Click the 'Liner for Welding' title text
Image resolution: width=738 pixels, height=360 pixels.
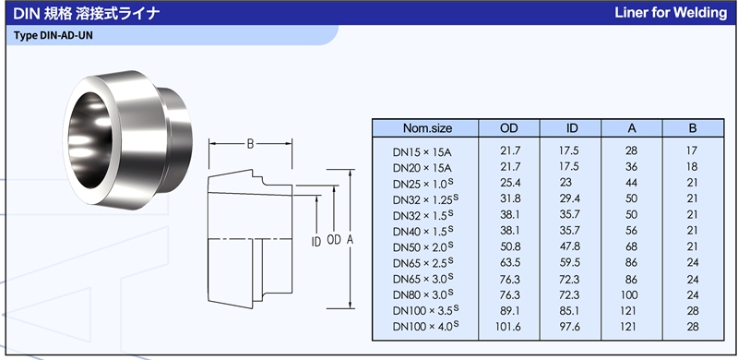(671, 13)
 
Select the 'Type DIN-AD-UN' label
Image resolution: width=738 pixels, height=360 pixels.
(54, 36)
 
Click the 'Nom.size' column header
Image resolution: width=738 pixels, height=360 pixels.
(427, 128)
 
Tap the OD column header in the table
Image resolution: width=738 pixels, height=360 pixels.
(509, 128)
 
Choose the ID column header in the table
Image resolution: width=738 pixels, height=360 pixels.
(572, 128)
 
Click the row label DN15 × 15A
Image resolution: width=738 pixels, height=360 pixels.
(423, 152)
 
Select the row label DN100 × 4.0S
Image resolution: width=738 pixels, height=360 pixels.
(425, 326)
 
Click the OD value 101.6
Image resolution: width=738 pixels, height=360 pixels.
(508, 326)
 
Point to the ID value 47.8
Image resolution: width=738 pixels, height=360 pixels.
(570, 246)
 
